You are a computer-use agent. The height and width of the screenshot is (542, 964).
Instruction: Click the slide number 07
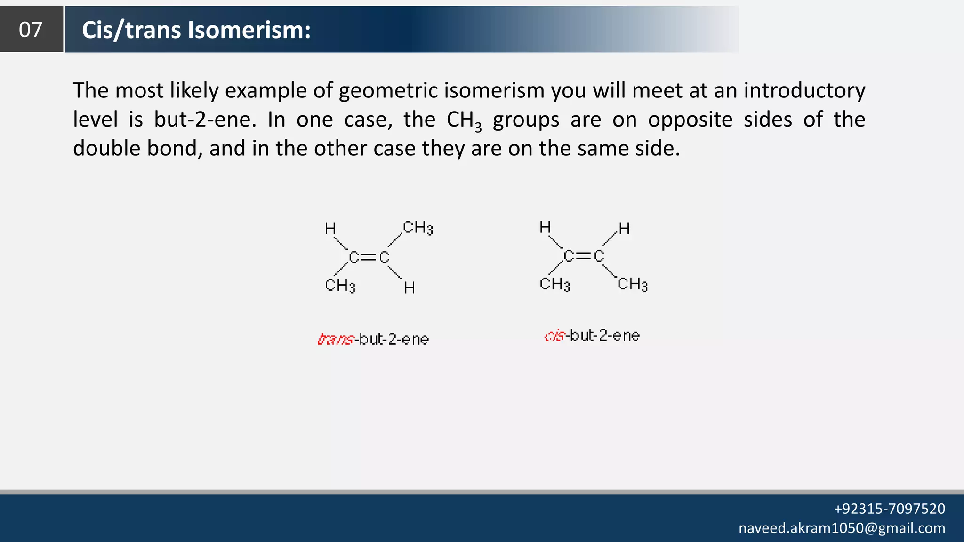click(31, 30)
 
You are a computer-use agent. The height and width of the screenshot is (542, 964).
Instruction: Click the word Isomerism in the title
click(249, 30)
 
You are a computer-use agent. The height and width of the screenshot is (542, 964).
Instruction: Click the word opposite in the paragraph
click(690, 120)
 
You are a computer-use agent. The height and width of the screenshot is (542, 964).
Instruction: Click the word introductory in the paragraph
click(804, 90)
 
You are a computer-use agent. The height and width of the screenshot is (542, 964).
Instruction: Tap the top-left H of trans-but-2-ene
click(330, 229)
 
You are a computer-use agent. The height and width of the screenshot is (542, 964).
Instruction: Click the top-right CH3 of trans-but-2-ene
click(418, 228)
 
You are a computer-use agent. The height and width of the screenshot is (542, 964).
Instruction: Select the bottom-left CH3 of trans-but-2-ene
click(340, 286)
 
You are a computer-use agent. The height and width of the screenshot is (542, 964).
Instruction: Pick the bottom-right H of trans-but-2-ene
click(409, 288)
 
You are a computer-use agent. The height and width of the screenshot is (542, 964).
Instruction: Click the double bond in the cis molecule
click(584, 256)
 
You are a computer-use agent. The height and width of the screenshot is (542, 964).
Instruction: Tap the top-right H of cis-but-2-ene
click(624, 229)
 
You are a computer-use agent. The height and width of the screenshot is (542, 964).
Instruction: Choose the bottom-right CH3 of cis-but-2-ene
click(633, 284)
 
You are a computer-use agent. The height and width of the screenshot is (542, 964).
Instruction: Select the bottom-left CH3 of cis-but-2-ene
click(554, 284)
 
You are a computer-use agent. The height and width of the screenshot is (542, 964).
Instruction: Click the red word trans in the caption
click(335, 339)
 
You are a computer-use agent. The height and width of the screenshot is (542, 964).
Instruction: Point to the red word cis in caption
click(554, 336)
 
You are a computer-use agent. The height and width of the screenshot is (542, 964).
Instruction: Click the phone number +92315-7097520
click(889, 509)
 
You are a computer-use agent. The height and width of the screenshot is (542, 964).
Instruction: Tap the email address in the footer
click(842, 528)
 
